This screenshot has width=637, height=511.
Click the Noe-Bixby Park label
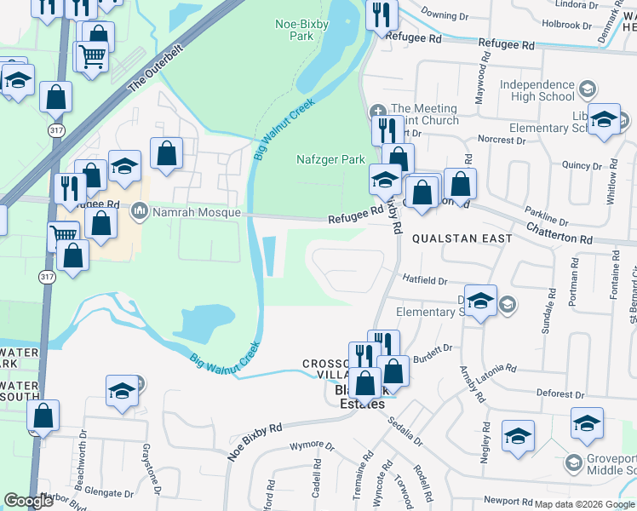click(x=295, y=31)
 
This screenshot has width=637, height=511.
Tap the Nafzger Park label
click(x=330, y=159)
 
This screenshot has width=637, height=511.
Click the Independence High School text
click(x=537, y=90)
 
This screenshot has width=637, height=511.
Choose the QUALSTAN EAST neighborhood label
click(x=462, y=238)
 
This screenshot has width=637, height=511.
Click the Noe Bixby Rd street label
click(x=254, y=443)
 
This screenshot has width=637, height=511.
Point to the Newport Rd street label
click(x=508, y=501)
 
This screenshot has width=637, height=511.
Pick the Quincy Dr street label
click(x=582, y=166)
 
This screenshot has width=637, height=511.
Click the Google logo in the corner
click(x=29, y=501)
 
